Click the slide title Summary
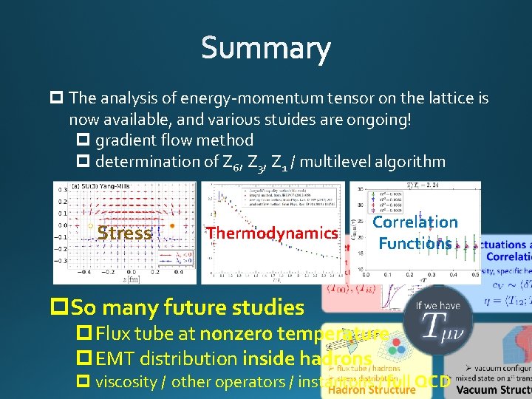265,49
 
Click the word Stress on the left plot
124,233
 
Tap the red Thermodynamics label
272,233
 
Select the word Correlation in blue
415,222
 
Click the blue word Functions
415,243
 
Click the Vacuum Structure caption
493,389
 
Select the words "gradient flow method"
174,140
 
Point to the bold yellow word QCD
432,382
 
